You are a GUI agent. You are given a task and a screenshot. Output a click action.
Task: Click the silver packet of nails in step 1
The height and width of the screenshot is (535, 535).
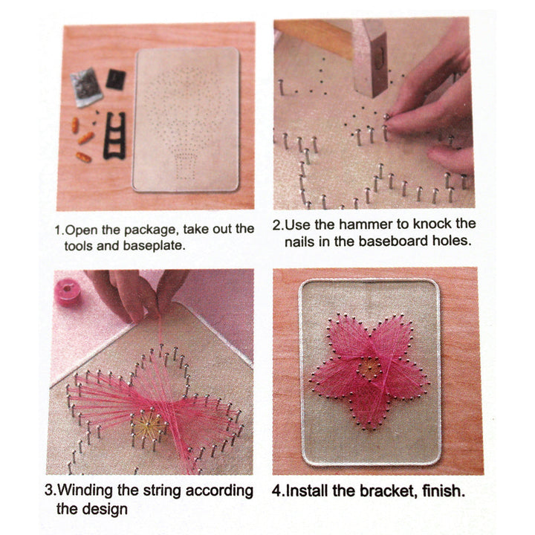point(86,87)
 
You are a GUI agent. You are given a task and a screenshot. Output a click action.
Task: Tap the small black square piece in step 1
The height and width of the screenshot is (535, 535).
point(115,79)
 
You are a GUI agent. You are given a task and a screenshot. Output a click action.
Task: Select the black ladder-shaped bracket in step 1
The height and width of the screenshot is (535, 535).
point(114,134)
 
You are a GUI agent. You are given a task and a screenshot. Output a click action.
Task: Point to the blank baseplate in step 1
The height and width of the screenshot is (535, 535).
point(186,119)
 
